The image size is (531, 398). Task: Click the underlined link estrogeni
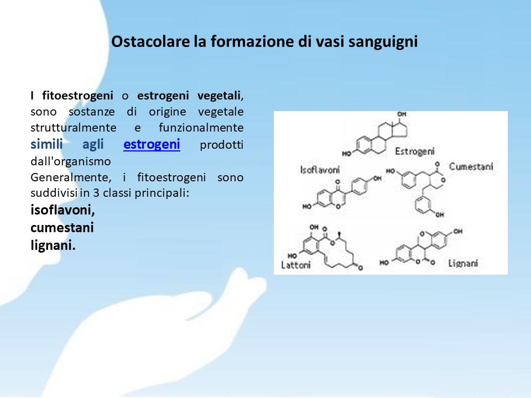coord(152,144)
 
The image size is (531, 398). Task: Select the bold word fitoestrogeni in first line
coord(77,96)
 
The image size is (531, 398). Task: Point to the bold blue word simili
coord(46,144)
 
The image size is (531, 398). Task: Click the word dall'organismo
coord(70,161)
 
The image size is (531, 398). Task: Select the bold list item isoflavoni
coord(63,210)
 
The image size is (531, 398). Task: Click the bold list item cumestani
coord(62,227)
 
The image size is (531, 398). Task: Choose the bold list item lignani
coord(53,245)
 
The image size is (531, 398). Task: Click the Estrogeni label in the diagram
coord(415,151)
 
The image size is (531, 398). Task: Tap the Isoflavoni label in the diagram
coord(320,170)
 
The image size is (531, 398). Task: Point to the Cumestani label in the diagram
coord(471,166)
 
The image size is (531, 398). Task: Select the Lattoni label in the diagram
coord(295,264)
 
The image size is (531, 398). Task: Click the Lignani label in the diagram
coord(463,263)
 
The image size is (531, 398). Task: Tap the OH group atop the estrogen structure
coord(402,114)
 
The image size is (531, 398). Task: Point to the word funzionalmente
coord(201,128)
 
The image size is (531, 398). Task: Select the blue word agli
coord(93,145)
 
